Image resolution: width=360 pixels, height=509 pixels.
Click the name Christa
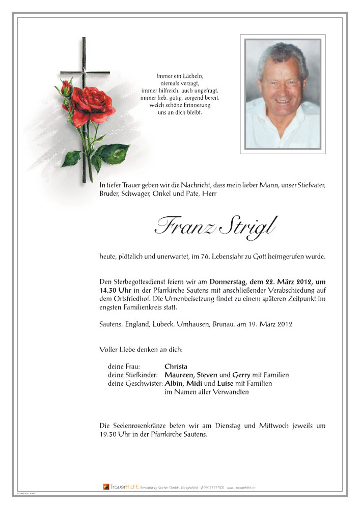[x=176, y=366]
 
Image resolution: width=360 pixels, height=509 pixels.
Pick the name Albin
[x=174, y=383]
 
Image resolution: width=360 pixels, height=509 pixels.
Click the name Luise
[x=226, y=383]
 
